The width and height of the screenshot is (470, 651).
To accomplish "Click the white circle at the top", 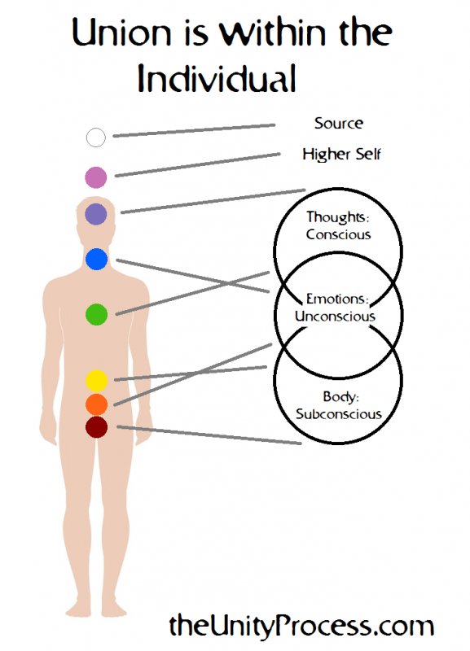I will (x=96, y=137).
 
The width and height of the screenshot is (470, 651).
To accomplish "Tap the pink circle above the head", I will (x=96, y=177).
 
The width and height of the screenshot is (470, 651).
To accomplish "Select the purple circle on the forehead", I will (x=96, y=214).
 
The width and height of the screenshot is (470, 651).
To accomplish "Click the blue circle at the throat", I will (x=96, y=260).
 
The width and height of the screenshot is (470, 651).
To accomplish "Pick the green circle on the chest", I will (x=96, y=313).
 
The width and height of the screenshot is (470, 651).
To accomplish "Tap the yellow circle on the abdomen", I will (x=96, y=380).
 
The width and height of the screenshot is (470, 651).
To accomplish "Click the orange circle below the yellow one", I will (x=96, y=404).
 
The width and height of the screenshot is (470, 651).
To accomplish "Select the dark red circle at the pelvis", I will (x=96, y=426).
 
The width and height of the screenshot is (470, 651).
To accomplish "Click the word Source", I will (x=338, y=124).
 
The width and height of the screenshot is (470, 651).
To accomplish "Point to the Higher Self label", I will (x=341, y=154).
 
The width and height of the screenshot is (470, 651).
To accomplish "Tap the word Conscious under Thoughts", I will (x=338, y=234).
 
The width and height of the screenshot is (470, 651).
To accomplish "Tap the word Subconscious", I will (x=339, y=413).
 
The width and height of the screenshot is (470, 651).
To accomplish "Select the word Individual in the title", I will (x=215, y=78).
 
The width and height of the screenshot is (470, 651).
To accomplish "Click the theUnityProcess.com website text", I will (x=301, y=626).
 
